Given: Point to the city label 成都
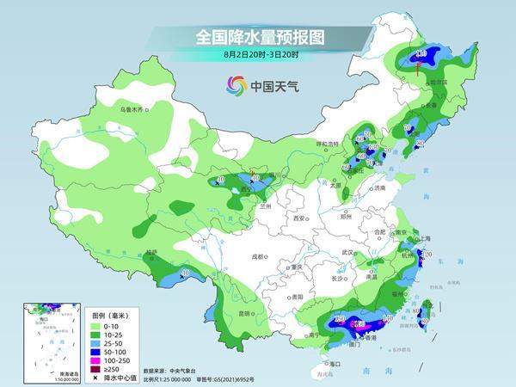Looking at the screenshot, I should tap(261, 256).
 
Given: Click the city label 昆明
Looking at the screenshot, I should tap(246, 313).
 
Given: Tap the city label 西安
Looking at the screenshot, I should tap(300, 219).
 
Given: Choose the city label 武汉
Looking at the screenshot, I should tap(347, 252).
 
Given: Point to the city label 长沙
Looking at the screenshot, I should tap(341, 279).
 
